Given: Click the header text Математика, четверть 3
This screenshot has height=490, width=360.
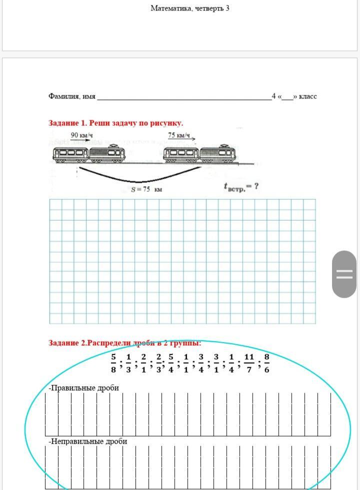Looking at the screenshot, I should click(190, 8).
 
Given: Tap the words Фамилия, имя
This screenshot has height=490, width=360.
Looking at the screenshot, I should click(72, 96).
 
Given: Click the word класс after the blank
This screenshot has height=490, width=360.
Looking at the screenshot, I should click(308, 96).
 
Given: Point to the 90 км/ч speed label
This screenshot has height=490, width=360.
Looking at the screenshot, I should click(82, 135).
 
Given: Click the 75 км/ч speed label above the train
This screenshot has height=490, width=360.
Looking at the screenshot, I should click(179, 135).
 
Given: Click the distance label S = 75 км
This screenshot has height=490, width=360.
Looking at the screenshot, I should click(146, 189).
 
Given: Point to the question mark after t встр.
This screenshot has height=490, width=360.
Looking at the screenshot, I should click(256, 186).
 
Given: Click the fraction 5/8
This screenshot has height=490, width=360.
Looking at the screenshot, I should click(113, 364).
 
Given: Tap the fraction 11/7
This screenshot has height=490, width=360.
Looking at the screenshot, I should click(249, 364).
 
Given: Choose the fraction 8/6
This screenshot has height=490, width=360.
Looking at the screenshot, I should click(267, 364).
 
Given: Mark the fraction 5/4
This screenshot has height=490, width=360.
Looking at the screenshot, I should click(171, 364).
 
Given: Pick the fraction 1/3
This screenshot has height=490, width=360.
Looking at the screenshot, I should click(128, 364).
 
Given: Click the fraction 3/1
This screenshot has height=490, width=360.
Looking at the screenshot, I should click(216, 364).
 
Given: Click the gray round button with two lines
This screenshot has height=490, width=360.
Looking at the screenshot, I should click(344, 274).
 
